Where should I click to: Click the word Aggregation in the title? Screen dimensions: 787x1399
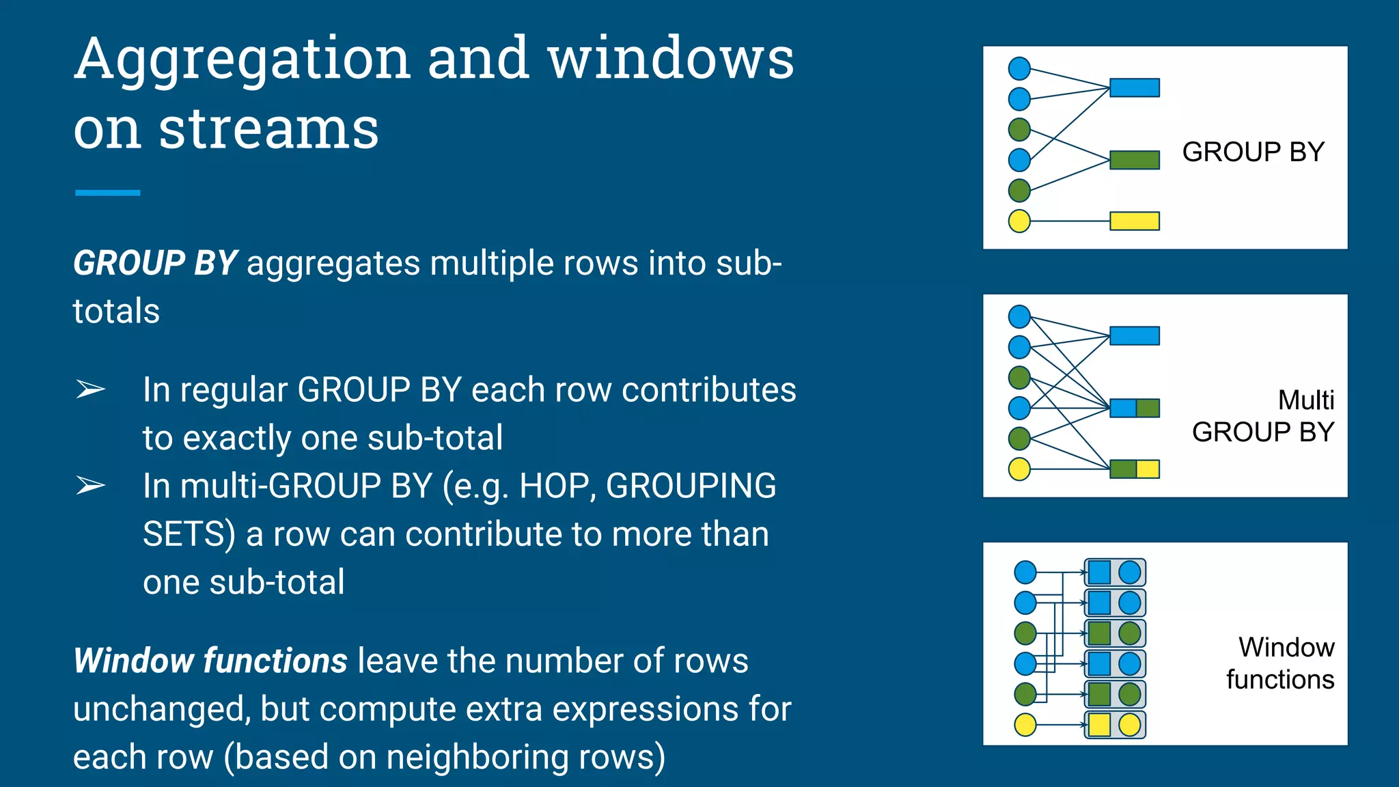pos(243,60)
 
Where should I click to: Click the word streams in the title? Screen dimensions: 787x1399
pos(268,130)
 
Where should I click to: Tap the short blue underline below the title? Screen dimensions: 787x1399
pos(107,193)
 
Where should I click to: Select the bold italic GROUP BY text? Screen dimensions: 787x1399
pos(155,264)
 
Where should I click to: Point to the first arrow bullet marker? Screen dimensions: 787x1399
pos(90,390)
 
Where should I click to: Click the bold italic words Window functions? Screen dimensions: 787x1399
pos(210,661)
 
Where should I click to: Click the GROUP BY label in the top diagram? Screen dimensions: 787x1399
pos(1253,152)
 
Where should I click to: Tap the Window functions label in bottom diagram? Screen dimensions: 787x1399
pos(1280,663)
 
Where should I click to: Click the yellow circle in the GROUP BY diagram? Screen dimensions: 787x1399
pos(1019,221)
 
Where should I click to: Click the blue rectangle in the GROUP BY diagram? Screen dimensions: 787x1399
pos(1134,88)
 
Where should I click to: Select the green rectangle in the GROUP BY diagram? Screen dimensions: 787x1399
pos(1134,161)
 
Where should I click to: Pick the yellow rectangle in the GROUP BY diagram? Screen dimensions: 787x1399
pos(1134,221)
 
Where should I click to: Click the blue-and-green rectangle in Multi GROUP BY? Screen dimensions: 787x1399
pos(1134,409)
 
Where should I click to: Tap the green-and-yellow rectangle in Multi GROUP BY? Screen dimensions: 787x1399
pos(1134,469)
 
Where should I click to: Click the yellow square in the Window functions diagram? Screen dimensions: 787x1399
pos(1099,725)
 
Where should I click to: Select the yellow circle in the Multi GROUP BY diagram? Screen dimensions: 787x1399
pos(1019,469)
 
